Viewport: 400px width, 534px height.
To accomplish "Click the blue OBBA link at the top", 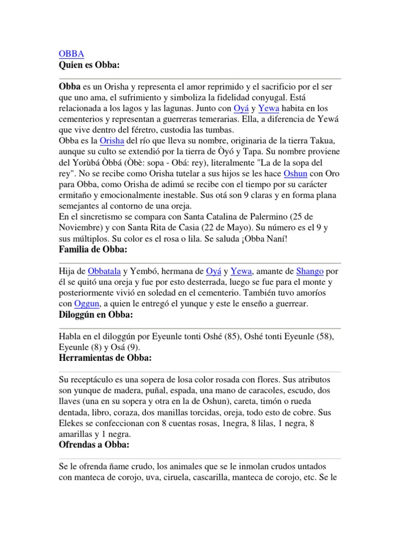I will [x=70, y=54].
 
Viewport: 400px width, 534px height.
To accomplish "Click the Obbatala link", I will [x=105, y=271].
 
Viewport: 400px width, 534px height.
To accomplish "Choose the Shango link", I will [x=310, y=271].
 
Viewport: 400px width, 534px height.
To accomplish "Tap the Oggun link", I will [x=86, y=304].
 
